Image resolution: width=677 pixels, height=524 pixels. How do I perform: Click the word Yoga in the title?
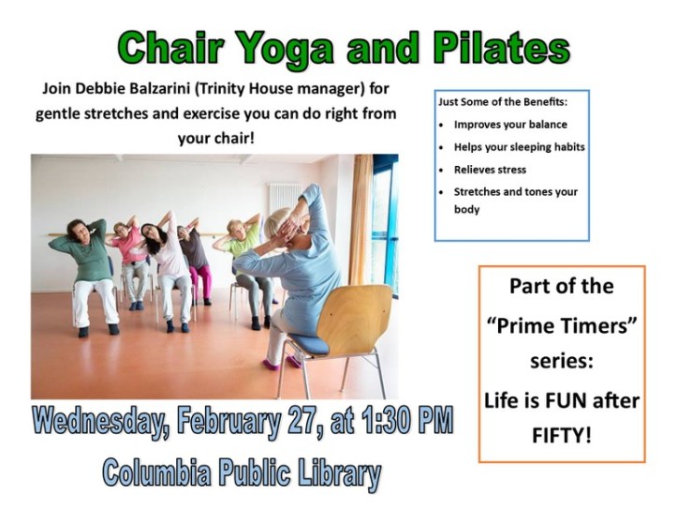pyautogui.click(x=284, y=46)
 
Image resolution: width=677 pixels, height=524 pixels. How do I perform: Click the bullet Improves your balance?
pyautogui.click(x=509, y=124)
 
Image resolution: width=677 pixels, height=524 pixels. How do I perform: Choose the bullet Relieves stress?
pyautogui.click(x=490, y=170)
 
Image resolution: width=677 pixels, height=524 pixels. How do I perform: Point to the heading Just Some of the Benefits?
pyautogui.click(x=502, y=100)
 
